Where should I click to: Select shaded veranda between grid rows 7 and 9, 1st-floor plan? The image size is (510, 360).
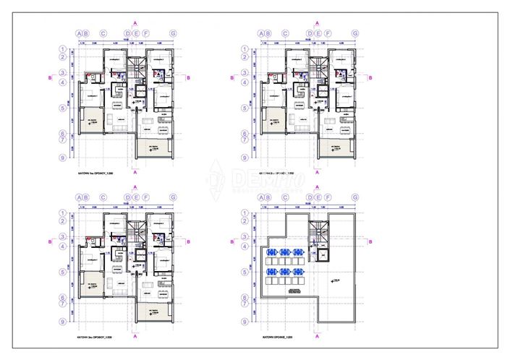[154, 149]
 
